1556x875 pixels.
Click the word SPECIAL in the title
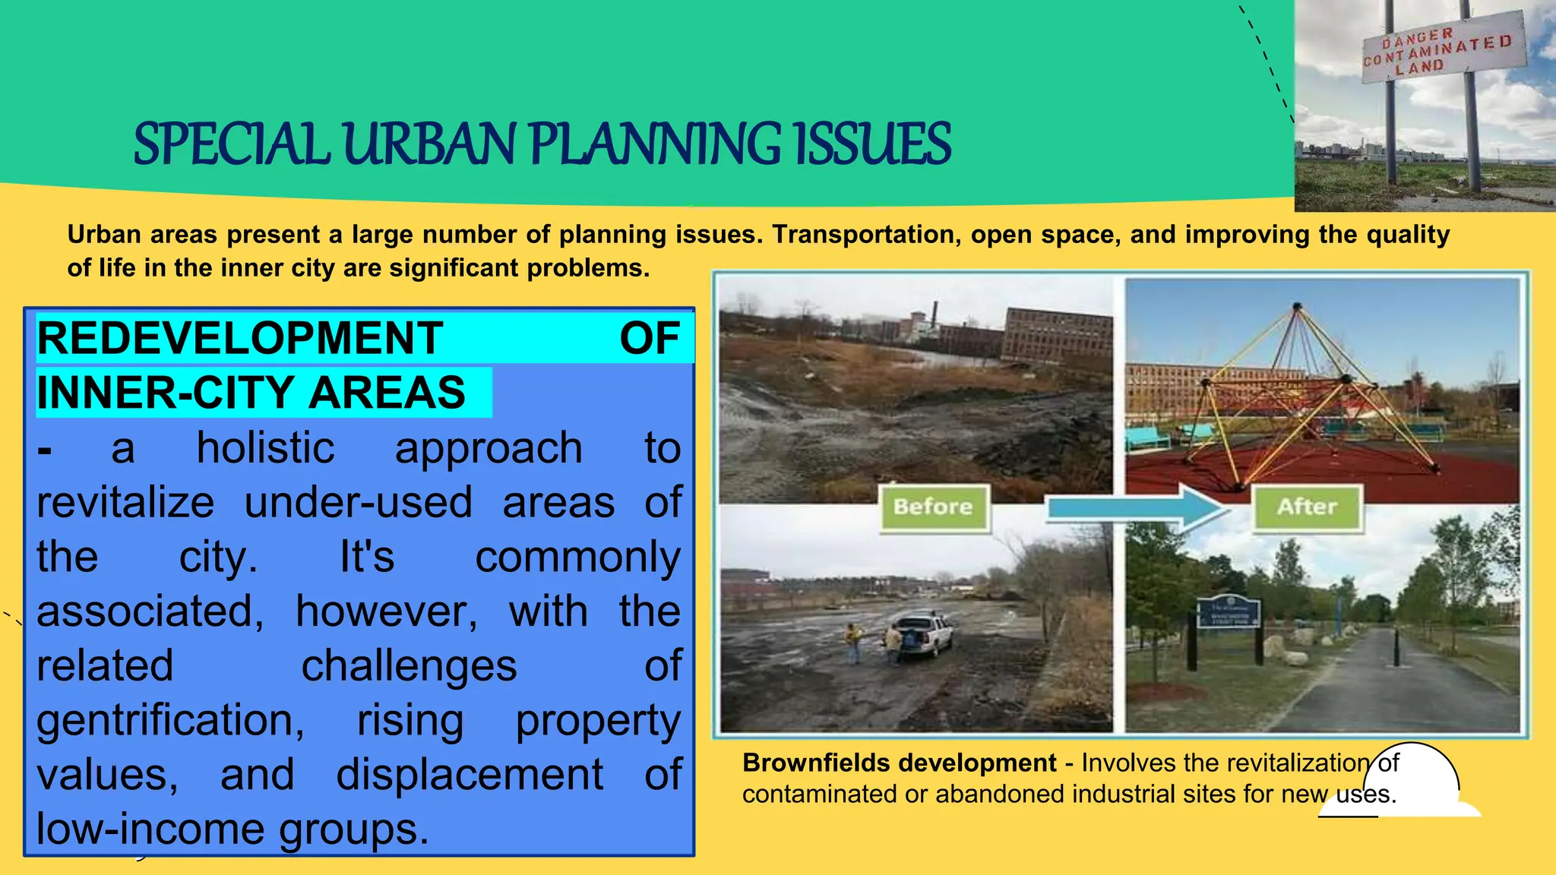232,144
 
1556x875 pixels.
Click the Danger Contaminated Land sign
1443,49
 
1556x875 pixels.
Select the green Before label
934,507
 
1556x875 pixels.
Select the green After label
1307,507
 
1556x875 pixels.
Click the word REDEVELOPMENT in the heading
240,339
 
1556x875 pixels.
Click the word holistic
265,448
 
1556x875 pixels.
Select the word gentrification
170,720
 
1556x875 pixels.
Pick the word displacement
470,775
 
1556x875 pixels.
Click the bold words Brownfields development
899,763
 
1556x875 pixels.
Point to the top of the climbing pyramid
1297,307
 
